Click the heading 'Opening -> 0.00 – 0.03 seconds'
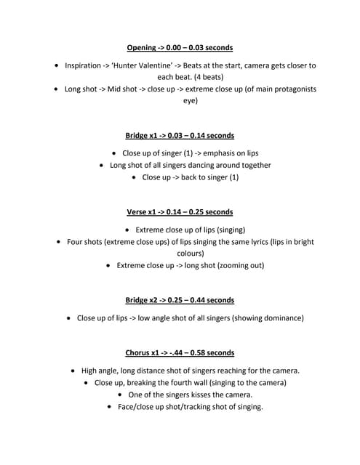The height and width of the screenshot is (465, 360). click(x=180, y=47)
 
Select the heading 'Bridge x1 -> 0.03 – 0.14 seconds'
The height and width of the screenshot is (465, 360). click(x=180, y=135)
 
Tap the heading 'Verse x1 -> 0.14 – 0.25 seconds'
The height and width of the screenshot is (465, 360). click(x=180, y=212)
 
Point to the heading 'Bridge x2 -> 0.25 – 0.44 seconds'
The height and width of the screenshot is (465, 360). click(x=180, y=300)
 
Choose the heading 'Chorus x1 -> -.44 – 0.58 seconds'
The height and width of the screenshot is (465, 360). click(x=180, y=353)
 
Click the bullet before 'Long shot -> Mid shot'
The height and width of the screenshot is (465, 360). click(x=57, y=89)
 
